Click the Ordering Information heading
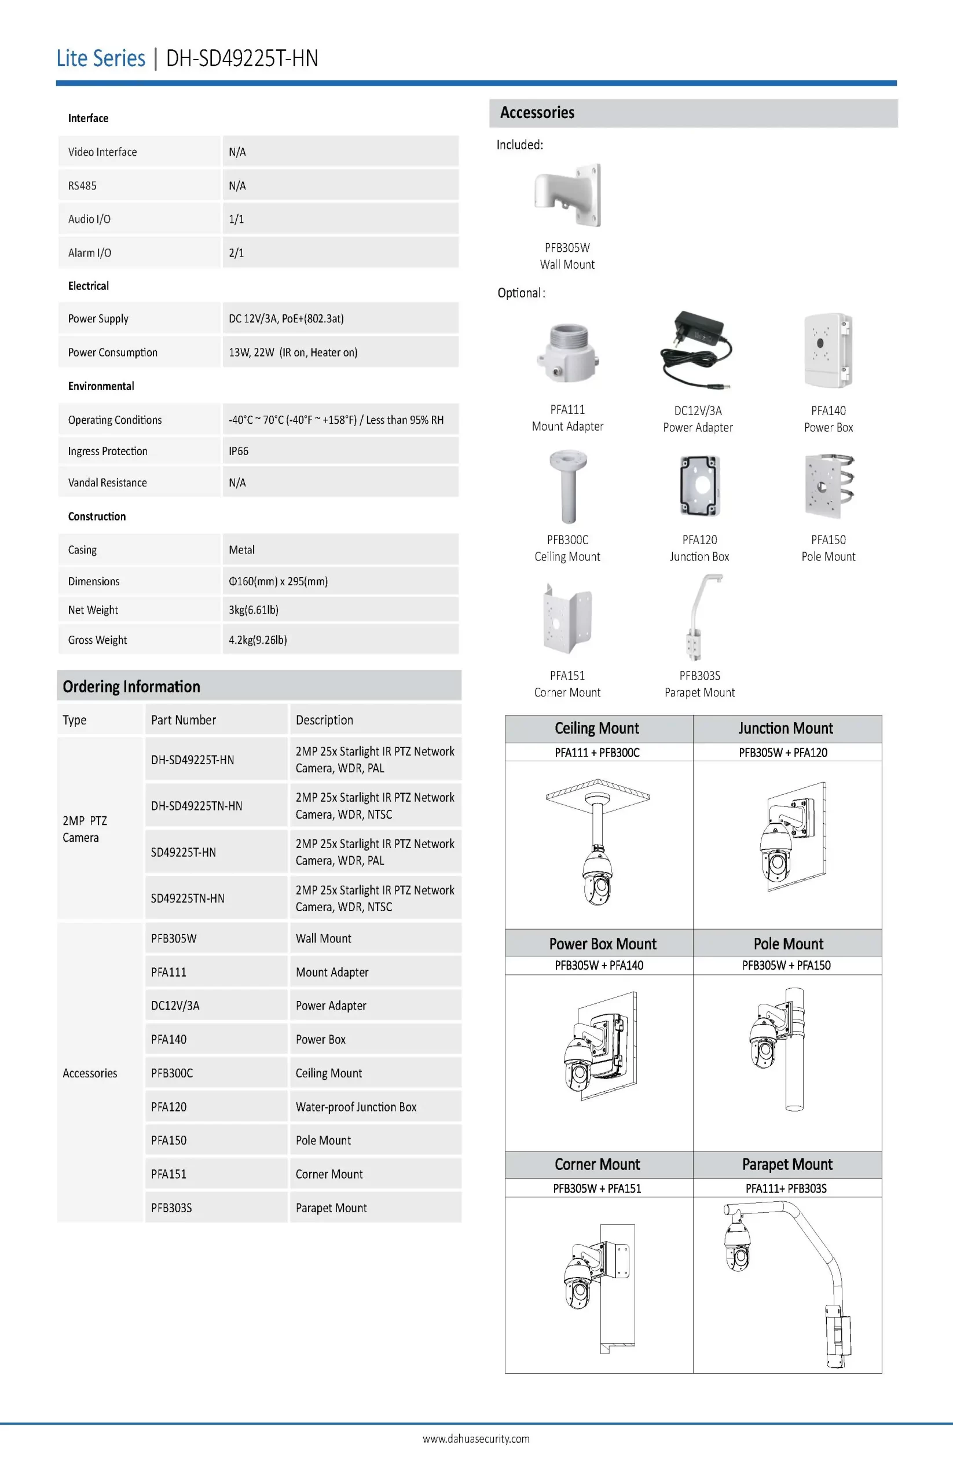click(x=131, y=686)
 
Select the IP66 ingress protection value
click(x=239, y=451)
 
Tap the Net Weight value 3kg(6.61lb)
click(x=254, y=610)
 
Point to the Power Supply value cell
click(x=286, y=318)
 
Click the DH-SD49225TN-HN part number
click(x=197, y=806)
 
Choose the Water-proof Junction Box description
click(x=356, y=1106)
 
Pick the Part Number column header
click(x=184, y=720)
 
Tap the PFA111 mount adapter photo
click(x=567, y=353)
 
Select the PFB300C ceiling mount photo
click(x=567, y=487)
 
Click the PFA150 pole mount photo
click(x=829, y=486)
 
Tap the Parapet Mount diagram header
click(x=787, y=1164)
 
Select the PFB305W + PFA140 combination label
click(x=599, y=965)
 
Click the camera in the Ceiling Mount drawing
click(x=597, y=876)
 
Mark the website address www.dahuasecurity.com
click(x=476, y=1438)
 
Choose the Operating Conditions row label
click(x=115, y=420)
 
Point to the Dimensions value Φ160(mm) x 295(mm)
click(x=278, y=581)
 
